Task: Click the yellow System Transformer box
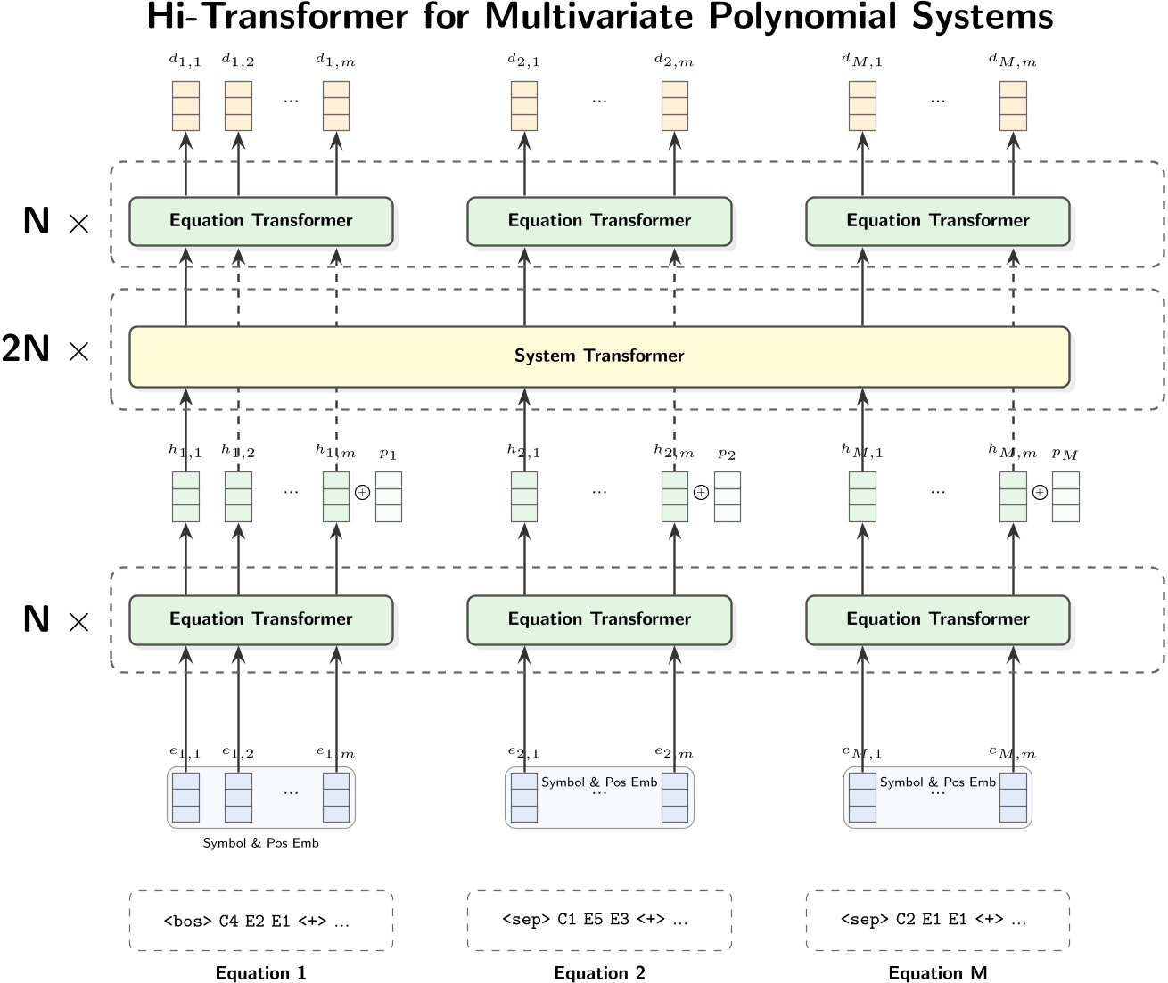click(x=599, y=356)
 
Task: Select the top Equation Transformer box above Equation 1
click(x=261, y=221)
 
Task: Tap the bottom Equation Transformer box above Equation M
click(x=937, y=619)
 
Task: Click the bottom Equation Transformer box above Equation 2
click(x=599, y=619)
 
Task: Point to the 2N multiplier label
click(x=27, y=349)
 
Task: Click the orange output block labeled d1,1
click(x=185, y=106)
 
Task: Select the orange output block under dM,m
click(x=1013, y=106)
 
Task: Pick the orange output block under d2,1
click(x=524, y=106)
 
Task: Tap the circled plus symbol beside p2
click(x=701, y=492)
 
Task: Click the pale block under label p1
click(x=389, y=496)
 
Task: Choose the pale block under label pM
click(x=1065, y=496)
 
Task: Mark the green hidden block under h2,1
click(x=524, y=496)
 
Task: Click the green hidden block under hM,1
click(x=862, y=496)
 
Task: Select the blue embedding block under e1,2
click(x=238, y=797)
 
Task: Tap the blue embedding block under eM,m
click(x=1013, y=797)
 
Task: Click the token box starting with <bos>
click(x=261, y=921)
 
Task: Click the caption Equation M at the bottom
click(x=937, y=972)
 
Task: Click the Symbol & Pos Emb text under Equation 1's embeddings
click(x=260, y=843)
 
